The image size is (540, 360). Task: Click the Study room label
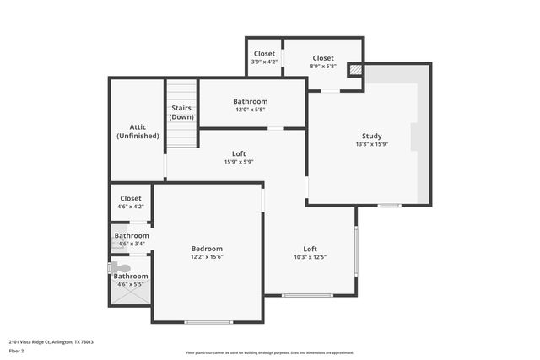pyautogui.click(x=371, y=136)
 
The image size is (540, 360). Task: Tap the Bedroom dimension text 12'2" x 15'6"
pyautogui.click(x=207, y=257)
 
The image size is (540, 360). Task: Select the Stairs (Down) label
pyautogui.click(x=181, y=112)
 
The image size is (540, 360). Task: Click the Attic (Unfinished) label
pyautogui.click(x=138, y=131)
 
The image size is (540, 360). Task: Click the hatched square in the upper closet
pyautogui.click(x=355, y=70)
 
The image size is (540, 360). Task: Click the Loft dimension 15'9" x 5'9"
pyautogui.click(x=240, y=162)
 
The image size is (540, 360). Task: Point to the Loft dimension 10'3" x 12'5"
pyautogui.click(x=310, y=257)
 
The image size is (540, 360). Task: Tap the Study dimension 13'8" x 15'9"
pyautogui.click(x=371, y=144)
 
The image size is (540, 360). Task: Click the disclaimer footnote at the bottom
pyautogui.click(x=270, y=352)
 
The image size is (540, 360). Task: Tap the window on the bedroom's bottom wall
pyautogui.click(x=208, y=322)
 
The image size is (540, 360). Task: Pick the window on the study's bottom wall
pyautogui.click(x=389, y=205)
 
